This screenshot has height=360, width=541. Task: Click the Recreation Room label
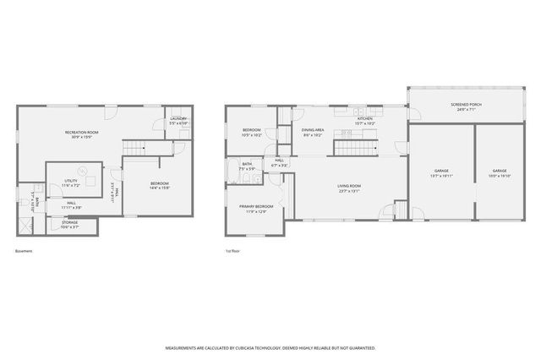[83, 134]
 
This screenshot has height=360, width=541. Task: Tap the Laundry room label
[179, 121]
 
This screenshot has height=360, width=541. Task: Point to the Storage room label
[69, 226]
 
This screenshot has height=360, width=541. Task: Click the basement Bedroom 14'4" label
[160, 186]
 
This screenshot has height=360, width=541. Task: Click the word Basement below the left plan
[25, 251]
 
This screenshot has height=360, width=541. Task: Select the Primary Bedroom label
[254, 209]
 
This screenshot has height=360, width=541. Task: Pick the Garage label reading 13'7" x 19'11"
[441, 173]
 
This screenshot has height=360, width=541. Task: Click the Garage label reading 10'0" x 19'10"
[500, 173]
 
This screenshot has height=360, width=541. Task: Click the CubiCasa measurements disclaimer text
[270, 347]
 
